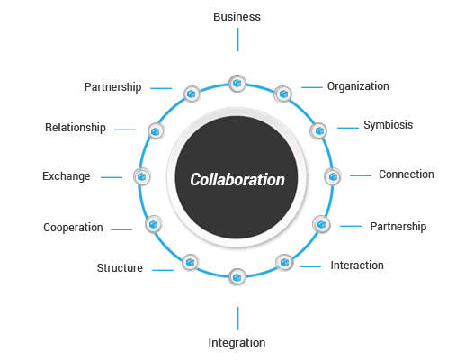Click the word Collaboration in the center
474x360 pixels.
tap(237, 179)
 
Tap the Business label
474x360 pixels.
tap(237, 17)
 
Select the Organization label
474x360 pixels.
tap(358, 86)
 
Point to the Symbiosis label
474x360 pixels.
tap(389, 125)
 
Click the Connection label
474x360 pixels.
tap(407, 175)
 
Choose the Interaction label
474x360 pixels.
tap(357, 265)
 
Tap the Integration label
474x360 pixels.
tap(237, 343)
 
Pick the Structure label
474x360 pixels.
tap(120, 268)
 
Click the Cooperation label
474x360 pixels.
tap(73, 228)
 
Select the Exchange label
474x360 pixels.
tap(67, 176)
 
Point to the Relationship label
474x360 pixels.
tap(76, 128)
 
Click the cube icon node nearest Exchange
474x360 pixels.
tap(142, 176)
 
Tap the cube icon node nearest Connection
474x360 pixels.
tap(333, 176)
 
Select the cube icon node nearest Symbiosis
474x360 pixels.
tap(318, 131)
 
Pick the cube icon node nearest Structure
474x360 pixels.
tap(191, 262)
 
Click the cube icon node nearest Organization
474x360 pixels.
tap(283, 94)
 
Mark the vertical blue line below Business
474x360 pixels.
tap(238, 40)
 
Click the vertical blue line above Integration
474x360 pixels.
tap(238, 319)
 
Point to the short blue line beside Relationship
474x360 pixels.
tap(125, 130)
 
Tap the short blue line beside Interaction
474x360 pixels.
tap(310, 266)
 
